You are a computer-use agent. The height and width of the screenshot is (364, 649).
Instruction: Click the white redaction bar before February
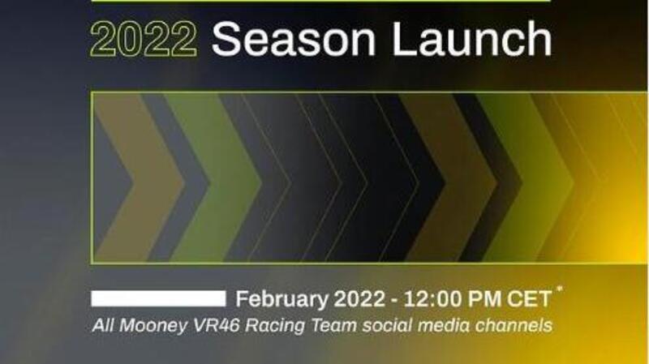coord(158,298)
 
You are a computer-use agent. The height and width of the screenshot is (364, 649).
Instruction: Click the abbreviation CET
coord(531,299)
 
